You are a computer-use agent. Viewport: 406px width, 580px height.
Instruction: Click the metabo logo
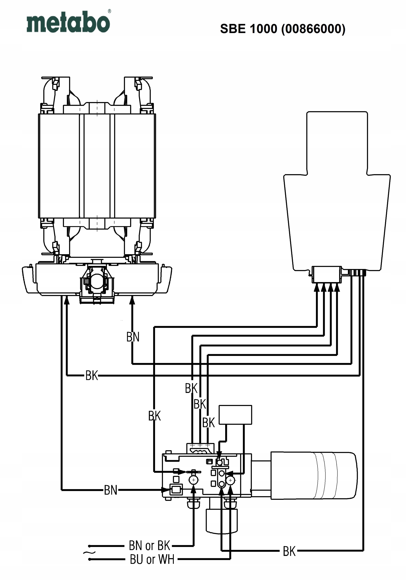pyautogui.click(x=68, y=22)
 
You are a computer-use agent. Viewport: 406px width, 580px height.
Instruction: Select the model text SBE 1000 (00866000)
pyautogui.click(x=283, y=29)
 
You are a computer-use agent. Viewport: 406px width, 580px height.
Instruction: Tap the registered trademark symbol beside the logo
pyautogui.click(x=109, y=11)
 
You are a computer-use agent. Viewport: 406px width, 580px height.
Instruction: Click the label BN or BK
pyautogui.click(x=149, y=546)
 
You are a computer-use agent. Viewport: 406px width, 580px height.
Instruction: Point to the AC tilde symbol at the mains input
pyautogui.click(x=89, y=552)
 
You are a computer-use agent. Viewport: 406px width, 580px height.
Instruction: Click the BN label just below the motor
pyautogui.click(x=133, y=337)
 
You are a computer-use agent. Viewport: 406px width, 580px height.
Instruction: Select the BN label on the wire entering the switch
pyautogui.click(x=110, y=490)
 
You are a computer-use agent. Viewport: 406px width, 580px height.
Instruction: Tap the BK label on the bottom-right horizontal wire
pyautogui.click(x=289, y=551)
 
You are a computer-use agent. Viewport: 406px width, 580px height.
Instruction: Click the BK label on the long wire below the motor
pyautogui.click(x=92, y=375)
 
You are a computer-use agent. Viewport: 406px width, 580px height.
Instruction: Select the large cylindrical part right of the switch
pyautogui.click(x=314, y=476)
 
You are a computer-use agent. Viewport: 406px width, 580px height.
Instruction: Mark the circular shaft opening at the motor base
pyautogui.click(x=97, y=281)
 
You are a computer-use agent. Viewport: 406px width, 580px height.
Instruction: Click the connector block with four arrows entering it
pyautogui.click(x=327, y=275)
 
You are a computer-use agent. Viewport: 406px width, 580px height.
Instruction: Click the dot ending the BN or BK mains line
pyautogui.click(x=89, y=546)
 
